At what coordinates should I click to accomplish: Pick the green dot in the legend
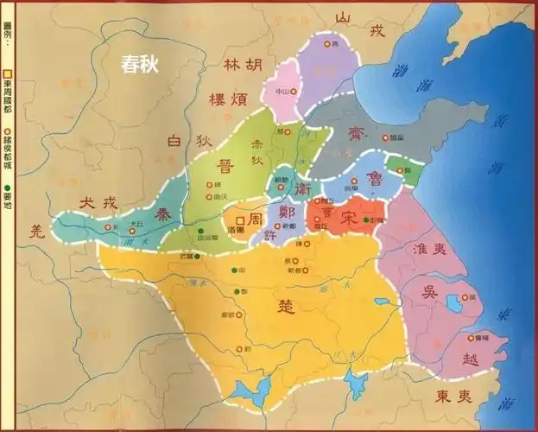point(8,187)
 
